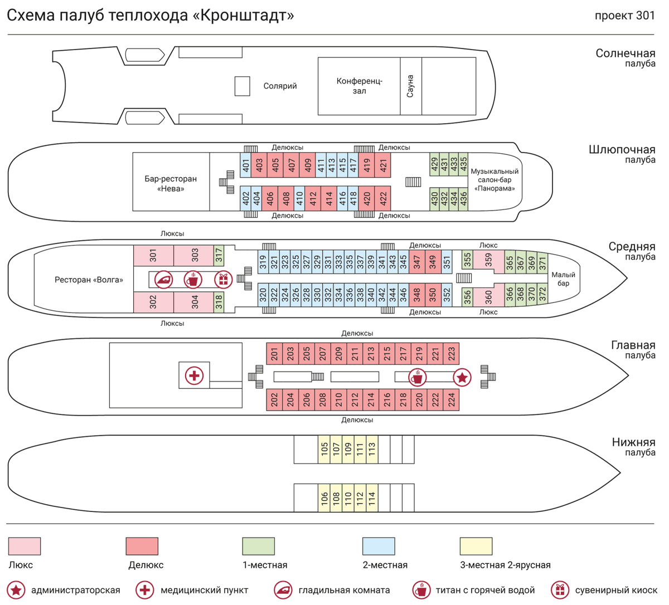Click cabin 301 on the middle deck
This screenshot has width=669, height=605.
pos(153,256)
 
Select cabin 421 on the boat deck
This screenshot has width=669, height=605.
pos(383,165)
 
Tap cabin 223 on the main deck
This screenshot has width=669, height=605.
pos(452,354)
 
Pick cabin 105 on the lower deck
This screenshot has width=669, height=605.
pos(324,449)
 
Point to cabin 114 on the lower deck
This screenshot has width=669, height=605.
pos(372,498)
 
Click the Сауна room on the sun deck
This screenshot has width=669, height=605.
pos(411,86)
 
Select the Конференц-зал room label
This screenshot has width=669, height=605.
pos(359,86)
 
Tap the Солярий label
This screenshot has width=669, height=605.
pos(280,86)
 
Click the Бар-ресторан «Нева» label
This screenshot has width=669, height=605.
pos(171,184)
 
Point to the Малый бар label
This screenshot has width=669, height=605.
pos(563,279)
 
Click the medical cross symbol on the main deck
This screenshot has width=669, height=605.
pos(194,375)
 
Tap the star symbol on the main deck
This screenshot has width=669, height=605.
pos(462,378)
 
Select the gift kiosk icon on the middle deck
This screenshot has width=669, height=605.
pos(224,279)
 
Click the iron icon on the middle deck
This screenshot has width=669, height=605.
pos(164,279)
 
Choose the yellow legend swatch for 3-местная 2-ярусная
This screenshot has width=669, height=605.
pos(476,547)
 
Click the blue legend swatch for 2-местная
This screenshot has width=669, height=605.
pos(379,547)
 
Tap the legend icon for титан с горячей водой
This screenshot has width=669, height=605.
pos(421,589)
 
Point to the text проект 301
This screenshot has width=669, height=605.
pos(625,16)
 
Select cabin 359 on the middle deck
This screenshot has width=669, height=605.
pos(488,260)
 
